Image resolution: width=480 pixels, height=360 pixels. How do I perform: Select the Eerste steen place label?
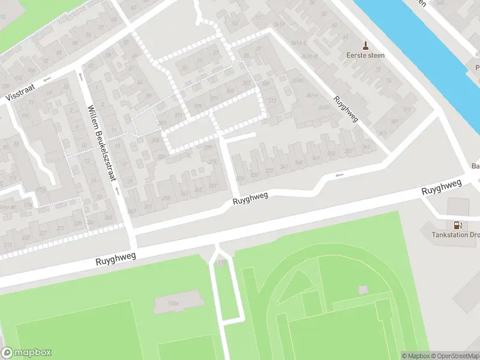(x=365, y=55)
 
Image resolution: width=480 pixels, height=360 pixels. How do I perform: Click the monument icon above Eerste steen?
(x=365, y=45)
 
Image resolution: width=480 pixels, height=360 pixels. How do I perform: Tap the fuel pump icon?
(x=457, y=225)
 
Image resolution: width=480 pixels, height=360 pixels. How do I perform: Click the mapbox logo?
(x=26, y=353)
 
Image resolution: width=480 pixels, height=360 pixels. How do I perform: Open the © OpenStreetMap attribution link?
(x=455, y=356)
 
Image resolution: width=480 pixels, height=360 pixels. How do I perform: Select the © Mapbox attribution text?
(x=415, y=356)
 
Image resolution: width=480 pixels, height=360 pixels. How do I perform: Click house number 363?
(x=394, y=122)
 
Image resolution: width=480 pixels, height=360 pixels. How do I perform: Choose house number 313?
(x=272, y=100)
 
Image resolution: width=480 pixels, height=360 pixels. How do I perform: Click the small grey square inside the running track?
(x=363, y=290)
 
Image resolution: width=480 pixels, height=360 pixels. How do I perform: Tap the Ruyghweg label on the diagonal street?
(x=346, y=109)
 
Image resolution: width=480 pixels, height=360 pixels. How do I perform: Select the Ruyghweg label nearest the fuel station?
(x=442, y=187)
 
